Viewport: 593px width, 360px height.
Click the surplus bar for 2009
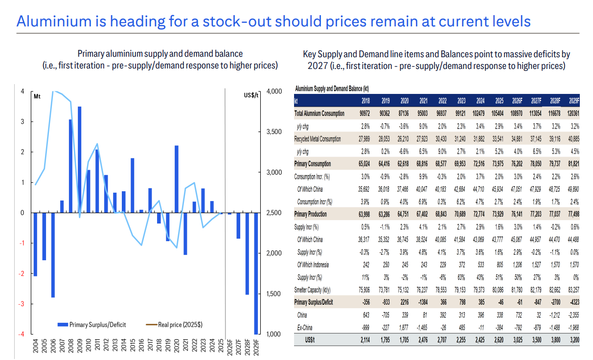tap(79, 159)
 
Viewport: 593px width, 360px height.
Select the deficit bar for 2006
tap(53, 255)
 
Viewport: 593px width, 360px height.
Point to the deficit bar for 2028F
tap(247, 253)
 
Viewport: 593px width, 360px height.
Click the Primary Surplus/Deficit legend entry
tap(94, 324)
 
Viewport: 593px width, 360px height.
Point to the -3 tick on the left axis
tap(22, 304)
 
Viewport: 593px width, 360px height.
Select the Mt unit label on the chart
tap(37, 96)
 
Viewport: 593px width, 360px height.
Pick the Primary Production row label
tap(310, 214)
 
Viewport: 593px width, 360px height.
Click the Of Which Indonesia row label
tap(313, 265)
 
